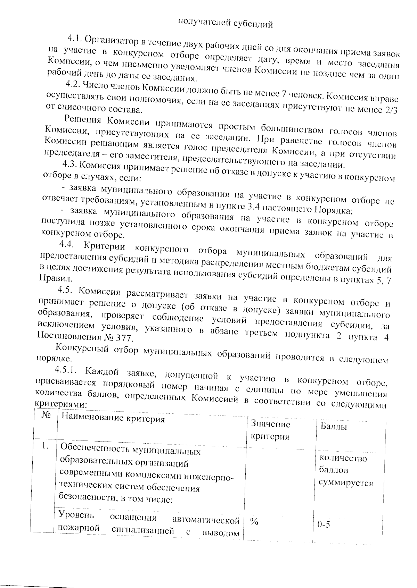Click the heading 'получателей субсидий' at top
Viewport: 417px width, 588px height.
click(225, 23)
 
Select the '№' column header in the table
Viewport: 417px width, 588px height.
click(45, 415)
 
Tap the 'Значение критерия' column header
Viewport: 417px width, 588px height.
click(270, 430)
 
